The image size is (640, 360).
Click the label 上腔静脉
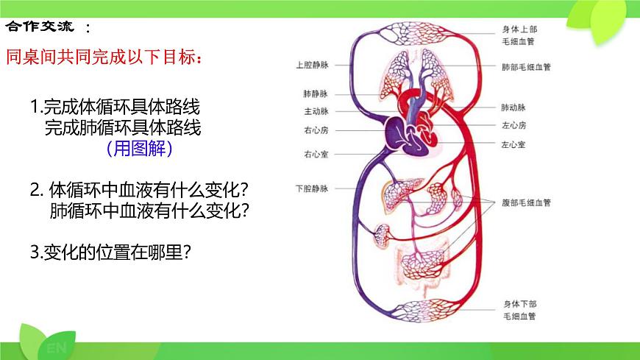312,65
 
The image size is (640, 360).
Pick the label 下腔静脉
312,188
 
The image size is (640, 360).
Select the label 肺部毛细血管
526,66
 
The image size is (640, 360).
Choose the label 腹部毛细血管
526,202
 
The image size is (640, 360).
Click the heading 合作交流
40,27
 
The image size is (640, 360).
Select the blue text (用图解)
139,149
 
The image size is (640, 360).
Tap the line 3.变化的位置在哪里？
111,252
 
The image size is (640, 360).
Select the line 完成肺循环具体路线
123,127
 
